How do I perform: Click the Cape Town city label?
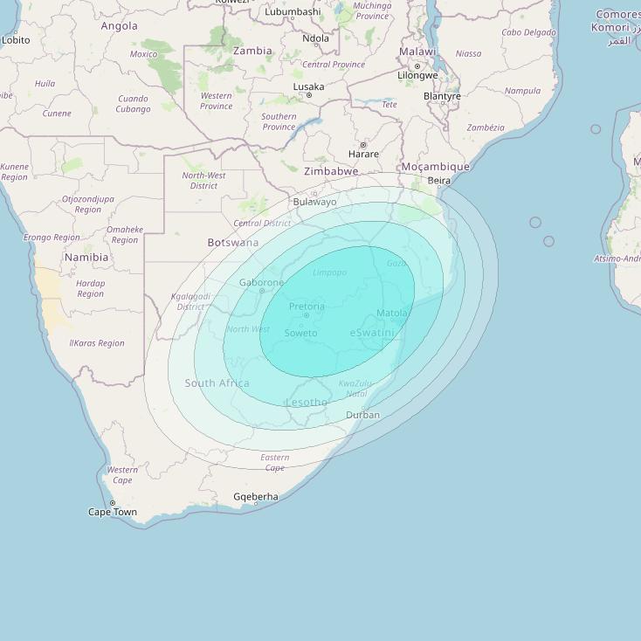113,512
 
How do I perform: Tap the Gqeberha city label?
256,497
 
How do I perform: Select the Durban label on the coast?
362,415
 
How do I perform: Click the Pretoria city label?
307,307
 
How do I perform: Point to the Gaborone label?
261,282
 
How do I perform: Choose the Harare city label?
363,154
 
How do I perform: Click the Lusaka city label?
308,86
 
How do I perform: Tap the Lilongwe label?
417,75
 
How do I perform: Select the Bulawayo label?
314,202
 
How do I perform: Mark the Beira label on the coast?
439,181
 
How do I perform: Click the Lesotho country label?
307,403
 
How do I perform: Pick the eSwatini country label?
372,333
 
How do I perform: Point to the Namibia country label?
86,258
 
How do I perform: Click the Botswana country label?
233,242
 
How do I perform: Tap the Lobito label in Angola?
16,40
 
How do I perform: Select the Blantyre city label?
442,96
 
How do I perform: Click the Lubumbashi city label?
293,11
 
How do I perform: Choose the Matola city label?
392,313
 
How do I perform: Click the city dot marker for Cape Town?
113,503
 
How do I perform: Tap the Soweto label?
301,333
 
